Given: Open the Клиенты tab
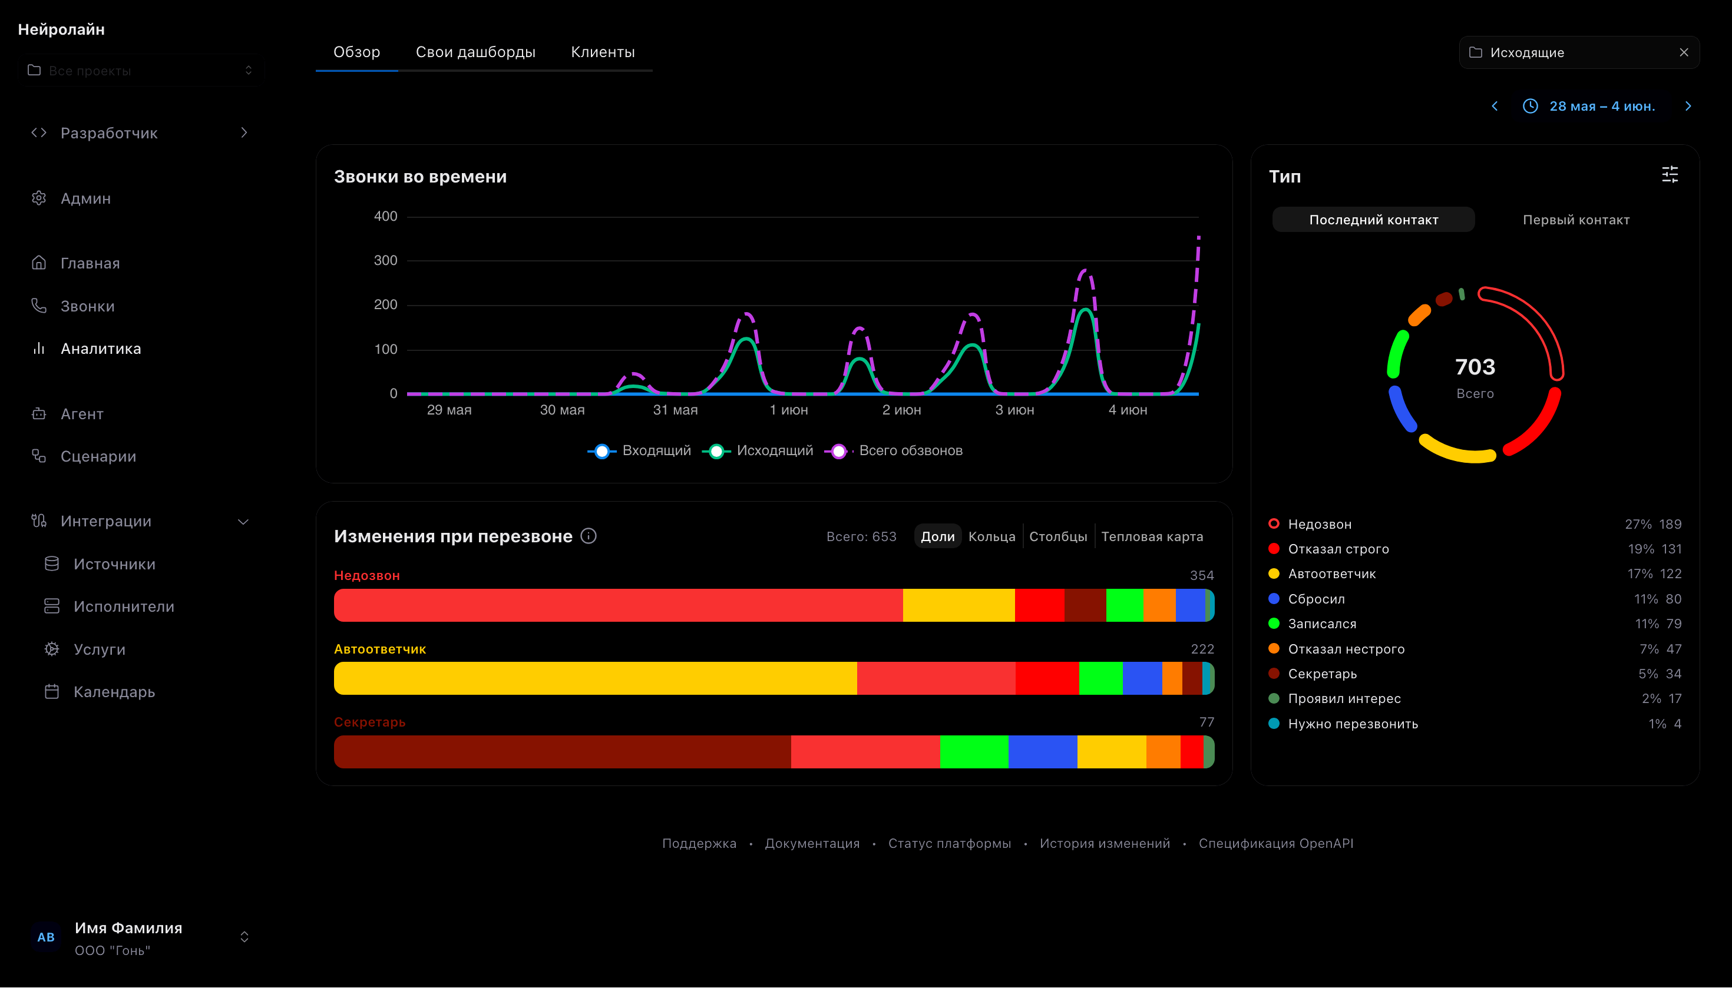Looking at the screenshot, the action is click(602, 52).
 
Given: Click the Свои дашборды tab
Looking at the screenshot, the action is click(475, 52).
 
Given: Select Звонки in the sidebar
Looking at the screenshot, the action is click(87, 306).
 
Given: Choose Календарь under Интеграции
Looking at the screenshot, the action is click(114, 692).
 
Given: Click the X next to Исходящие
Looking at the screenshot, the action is click(1683, 52).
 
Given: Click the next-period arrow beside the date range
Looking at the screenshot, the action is click(1688, 106).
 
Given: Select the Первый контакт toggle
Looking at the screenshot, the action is click(1576, 220).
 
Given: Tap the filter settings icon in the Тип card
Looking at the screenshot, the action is click(1670, 175).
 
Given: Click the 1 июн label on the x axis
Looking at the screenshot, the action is click(789, 410).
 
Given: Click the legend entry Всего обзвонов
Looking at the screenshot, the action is click(910, 450).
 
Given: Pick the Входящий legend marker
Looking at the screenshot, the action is click(602, 451).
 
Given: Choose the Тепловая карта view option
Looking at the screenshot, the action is click(1152, 537).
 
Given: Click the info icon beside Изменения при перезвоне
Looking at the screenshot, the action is click(589, 536).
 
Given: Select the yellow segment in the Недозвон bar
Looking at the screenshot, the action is click(958, 605).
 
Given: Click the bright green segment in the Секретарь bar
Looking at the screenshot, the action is click(974, 752).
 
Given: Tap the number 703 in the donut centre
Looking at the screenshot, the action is click(1475, 367).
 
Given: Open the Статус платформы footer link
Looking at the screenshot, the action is click(949, 844).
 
